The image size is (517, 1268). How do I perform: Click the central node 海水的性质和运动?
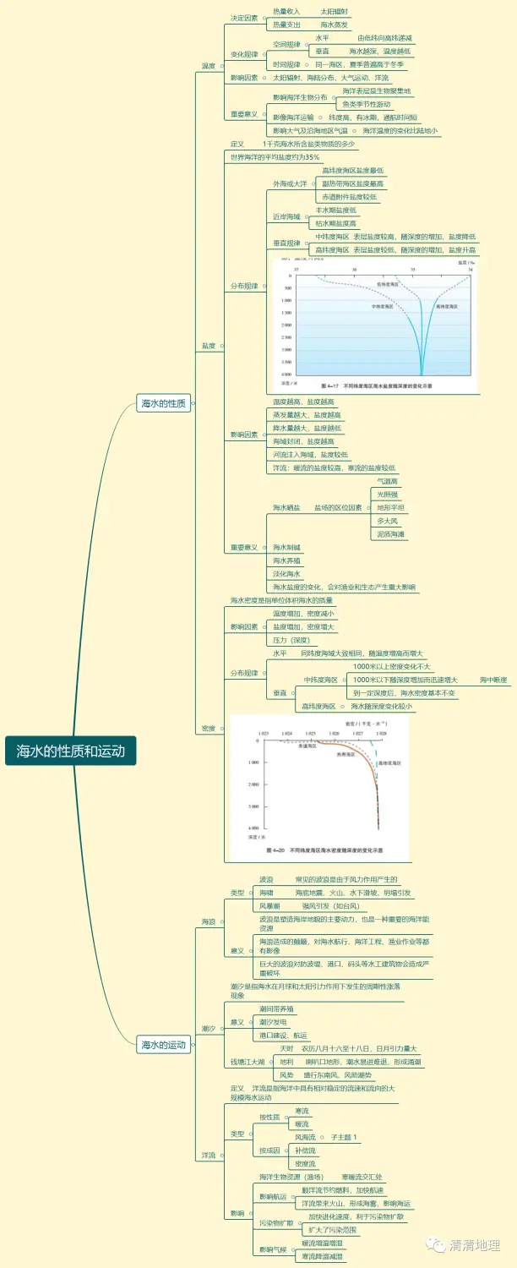[71, 750]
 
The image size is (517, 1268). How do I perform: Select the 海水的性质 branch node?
[163, 403]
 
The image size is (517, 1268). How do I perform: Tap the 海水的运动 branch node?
[163, 1045]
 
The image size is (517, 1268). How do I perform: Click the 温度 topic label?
[208, 66]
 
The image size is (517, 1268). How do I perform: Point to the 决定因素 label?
[244, 18]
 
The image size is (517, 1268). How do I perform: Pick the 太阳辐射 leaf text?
[334, 12]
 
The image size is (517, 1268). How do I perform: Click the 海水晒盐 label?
[286, 507]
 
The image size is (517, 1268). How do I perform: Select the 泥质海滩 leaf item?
[390, 533]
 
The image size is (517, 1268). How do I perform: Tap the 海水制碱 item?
[286, 547]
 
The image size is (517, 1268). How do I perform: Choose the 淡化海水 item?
[286, 573]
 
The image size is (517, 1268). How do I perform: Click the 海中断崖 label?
[493, 680]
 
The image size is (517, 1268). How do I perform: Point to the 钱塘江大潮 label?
[248, 1061]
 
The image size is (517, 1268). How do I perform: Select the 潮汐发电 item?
[276, 1022]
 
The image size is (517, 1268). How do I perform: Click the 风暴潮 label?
[269, 905]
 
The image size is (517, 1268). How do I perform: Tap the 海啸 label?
[266, 893]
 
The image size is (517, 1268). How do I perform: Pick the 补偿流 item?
[305, 1150]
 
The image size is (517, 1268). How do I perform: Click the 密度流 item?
[305, 1163]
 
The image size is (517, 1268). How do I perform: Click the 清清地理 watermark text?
[475, 1244]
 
